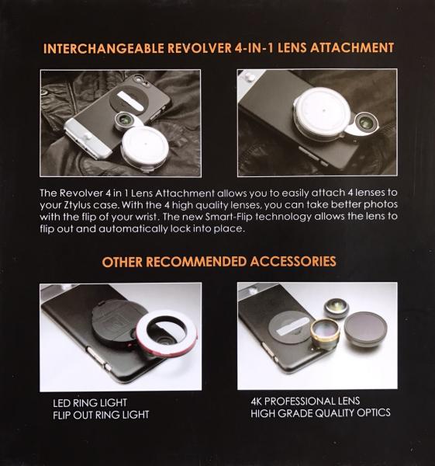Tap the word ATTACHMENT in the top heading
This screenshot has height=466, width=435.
(x=352, y=48)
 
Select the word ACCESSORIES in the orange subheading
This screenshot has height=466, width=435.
(x=293, y=262)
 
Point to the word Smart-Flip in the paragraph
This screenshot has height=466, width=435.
(x=229, y=217)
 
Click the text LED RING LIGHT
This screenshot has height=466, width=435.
(x=90, y=403)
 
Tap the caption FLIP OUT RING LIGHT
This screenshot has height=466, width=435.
(x=101, y=415)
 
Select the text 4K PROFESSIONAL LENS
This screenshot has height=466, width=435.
(x=306, y=402)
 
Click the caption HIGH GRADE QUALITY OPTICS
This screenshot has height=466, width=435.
(x=320, y=413)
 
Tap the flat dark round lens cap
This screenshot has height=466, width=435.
(x=365, y=329)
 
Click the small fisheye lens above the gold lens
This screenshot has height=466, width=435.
(x=337, y=308)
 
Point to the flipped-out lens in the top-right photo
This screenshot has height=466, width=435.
(x=364, y=123)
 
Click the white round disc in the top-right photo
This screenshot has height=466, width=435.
(x=323, y=111)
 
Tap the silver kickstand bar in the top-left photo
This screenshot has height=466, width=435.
(x=130, y=100)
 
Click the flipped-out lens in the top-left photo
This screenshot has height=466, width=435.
(x=125, y=120)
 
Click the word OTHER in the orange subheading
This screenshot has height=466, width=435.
(x=123, y=263)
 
